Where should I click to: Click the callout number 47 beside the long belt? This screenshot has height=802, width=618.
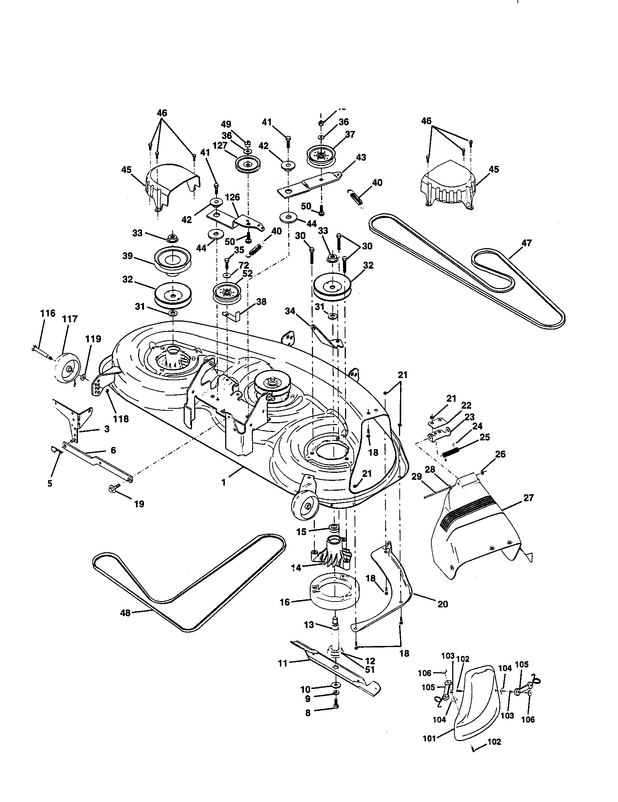click(526, 243)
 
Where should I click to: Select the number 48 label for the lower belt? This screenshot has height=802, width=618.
click(125, 612)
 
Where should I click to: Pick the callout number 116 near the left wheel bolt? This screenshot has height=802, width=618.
click(48, 313)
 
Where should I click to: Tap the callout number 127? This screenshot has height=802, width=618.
click(220, 145)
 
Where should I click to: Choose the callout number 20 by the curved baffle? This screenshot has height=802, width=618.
click(443, 604)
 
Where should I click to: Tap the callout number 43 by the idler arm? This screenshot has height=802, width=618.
click(361, 157)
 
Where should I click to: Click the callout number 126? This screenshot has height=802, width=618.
click(232, 197)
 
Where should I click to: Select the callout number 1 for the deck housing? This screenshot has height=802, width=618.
click(223, 482)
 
